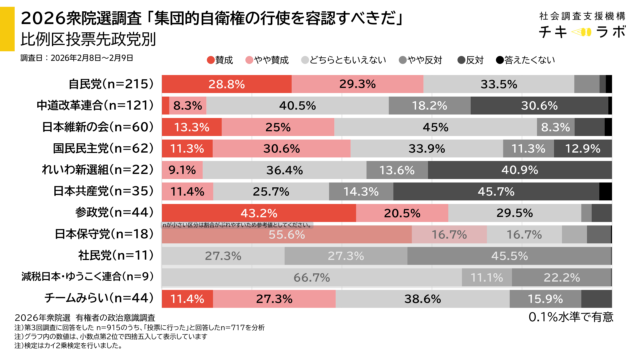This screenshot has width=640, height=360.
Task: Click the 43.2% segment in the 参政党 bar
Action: click(x=258, y=213)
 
